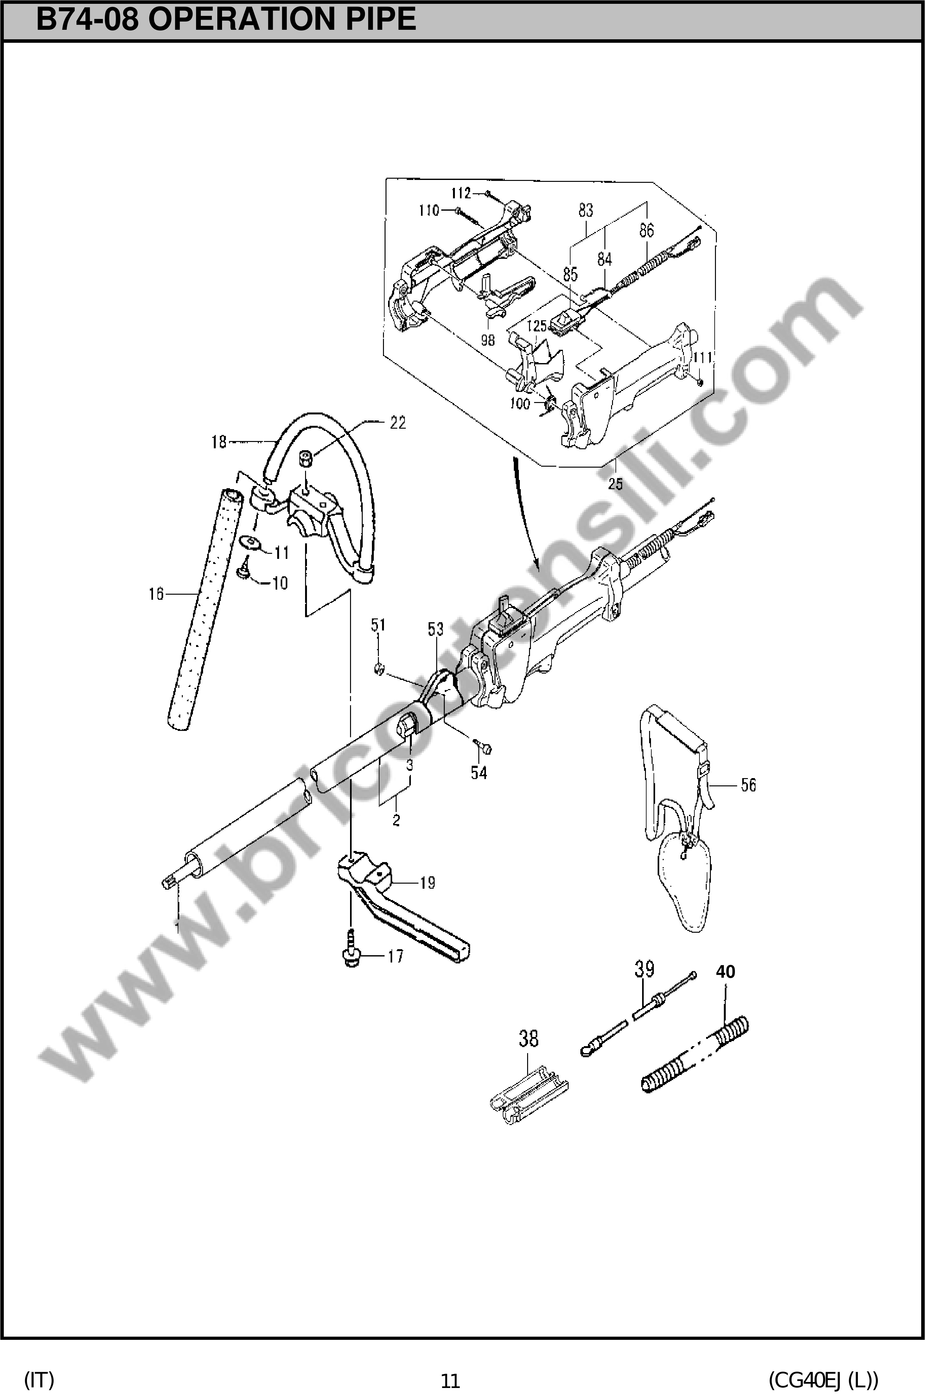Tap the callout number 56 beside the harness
tap(748, 785)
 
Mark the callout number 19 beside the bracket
tap(427, 883)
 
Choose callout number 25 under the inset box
tap(615, 484)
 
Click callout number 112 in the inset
tap(461, 193)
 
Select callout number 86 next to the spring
tap(647, 230)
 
